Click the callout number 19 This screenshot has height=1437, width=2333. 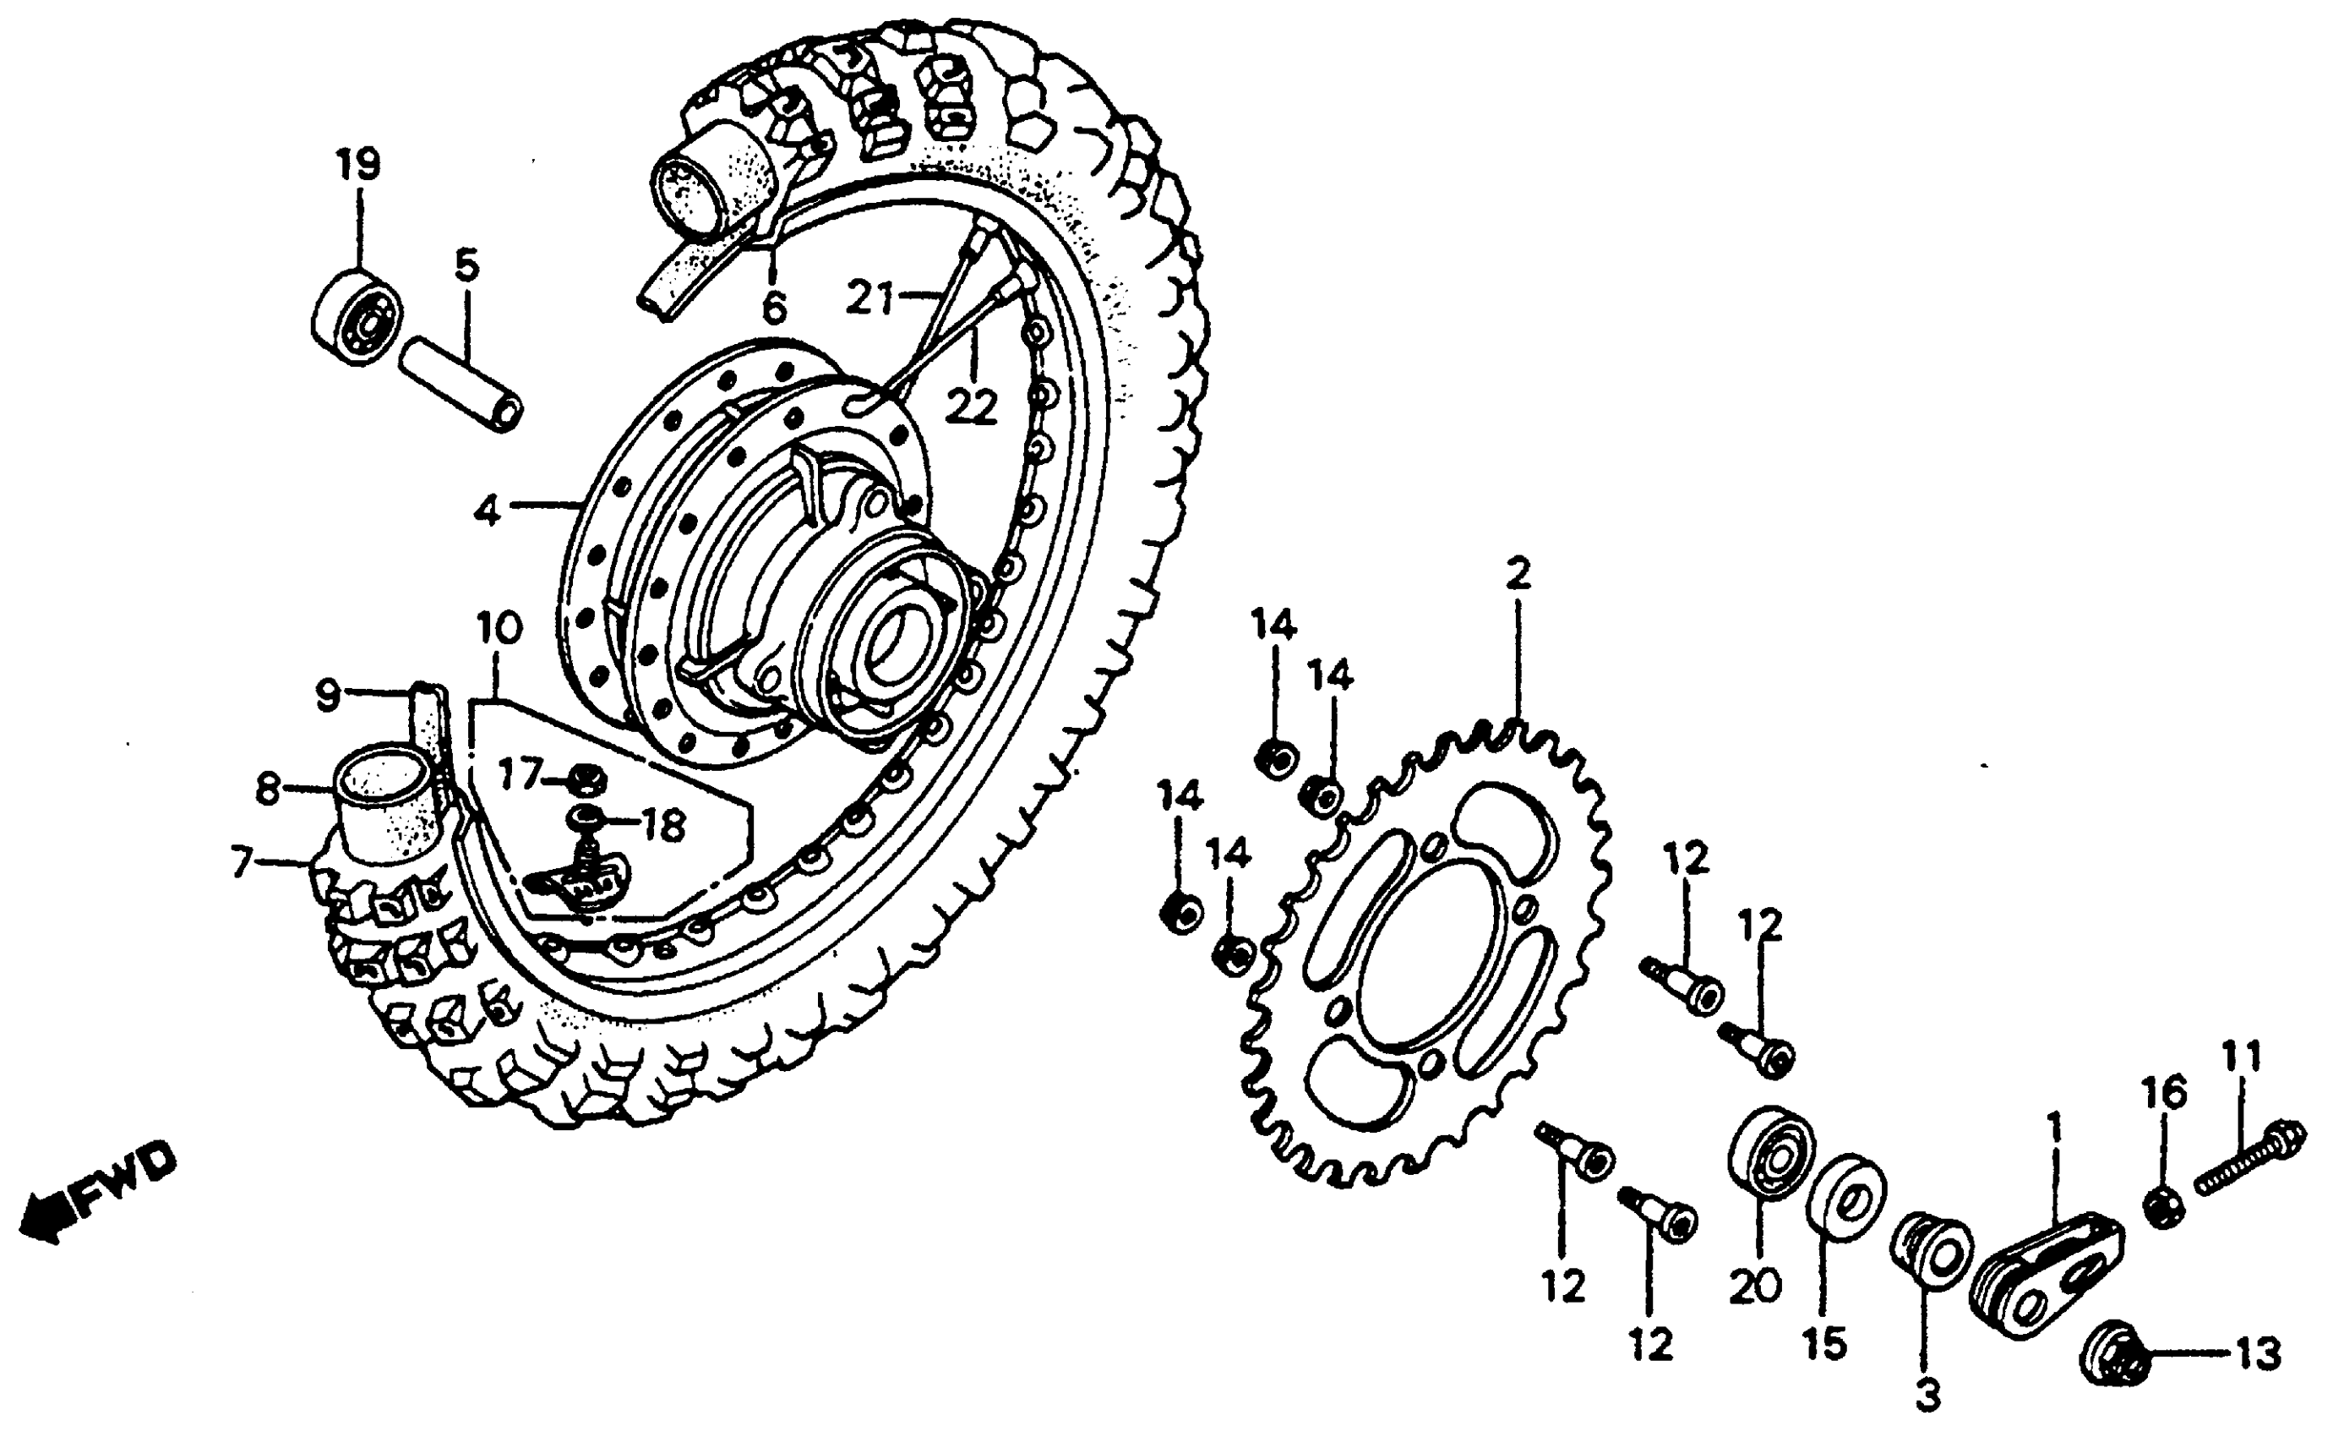(358, 166)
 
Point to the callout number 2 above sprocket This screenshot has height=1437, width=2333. (1518, 574)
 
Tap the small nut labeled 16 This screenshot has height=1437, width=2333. (2164, 1206)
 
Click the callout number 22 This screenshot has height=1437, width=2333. (971, 407)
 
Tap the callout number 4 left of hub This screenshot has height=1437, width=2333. (487, 511)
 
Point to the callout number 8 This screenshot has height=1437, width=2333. (269, 789)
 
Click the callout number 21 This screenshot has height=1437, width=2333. (870, 298)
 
